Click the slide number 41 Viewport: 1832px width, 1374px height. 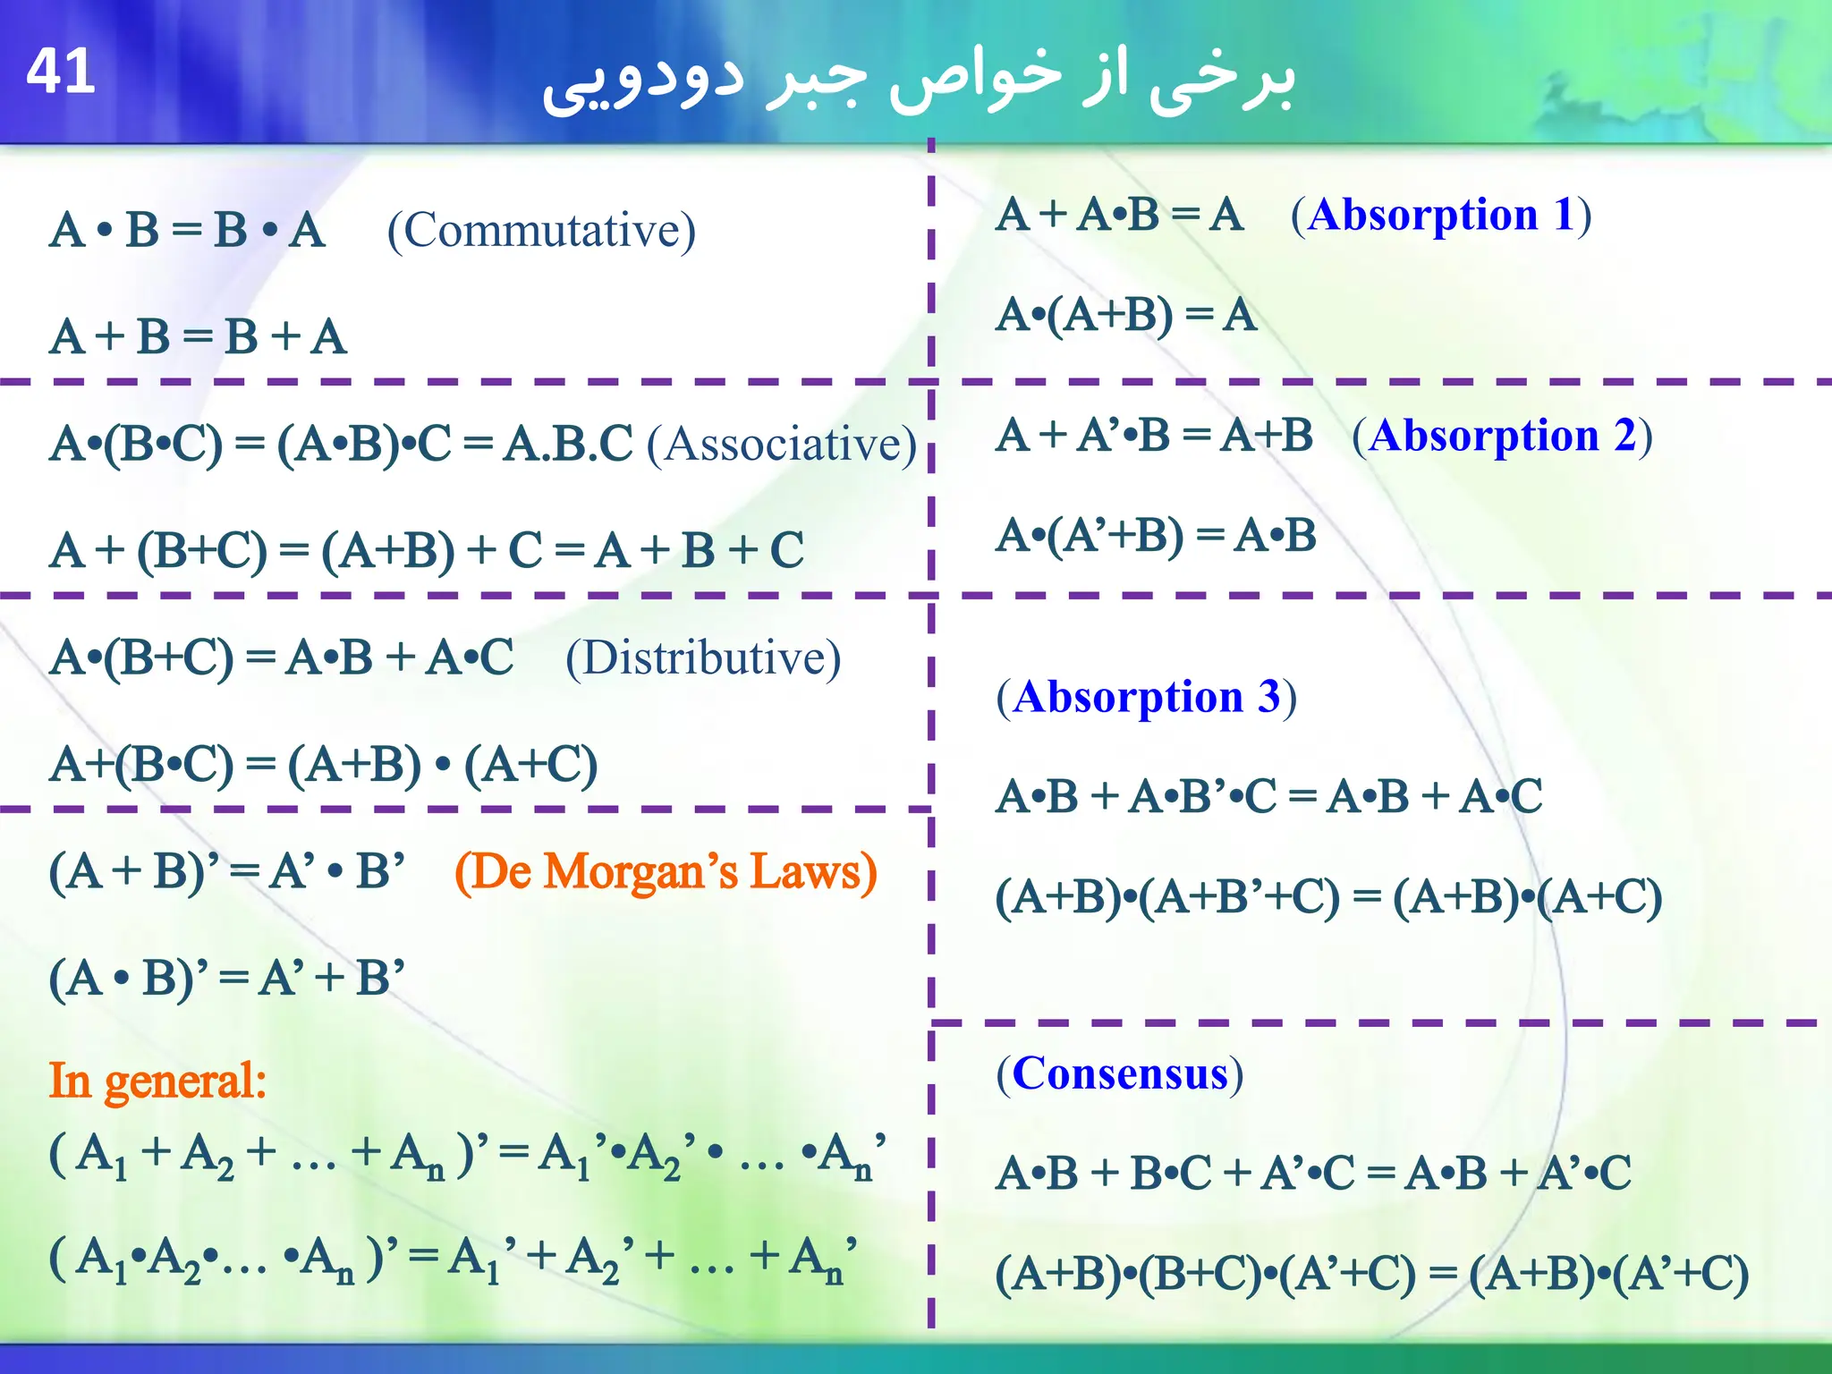[61, 72]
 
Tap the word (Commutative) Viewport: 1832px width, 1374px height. [541, 231]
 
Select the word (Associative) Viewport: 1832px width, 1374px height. [782, 444]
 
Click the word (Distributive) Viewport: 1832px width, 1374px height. [703, 658]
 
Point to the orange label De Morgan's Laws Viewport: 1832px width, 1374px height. [666, 871]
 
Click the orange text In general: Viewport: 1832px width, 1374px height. [157, 1081]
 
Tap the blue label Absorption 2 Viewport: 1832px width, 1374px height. [1502, 436]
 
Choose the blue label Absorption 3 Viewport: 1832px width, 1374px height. [1146, 697]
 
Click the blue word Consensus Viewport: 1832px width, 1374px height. [1119, 1073]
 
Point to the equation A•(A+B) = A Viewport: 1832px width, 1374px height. [1126, 315]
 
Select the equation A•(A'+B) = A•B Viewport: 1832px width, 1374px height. [1156, 536]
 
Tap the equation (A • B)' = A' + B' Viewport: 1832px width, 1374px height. [226, 977]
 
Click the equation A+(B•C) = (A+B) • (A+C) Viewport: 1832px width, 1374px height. [323, 765]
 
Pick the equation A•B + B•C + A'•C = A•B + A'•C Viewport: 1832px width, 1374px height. [1313, 1173]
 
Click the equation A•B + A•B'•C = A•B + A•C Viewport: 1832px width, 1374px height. [1268, 796]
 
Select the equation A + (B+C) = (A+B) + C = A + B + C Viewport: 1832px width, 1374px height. [427, 550]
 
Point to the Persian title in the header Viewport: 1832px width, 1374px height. [919, 79]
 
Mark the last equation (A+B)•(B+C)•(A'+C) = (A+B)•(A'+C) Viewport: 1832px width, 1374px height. [1371, 1274]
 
